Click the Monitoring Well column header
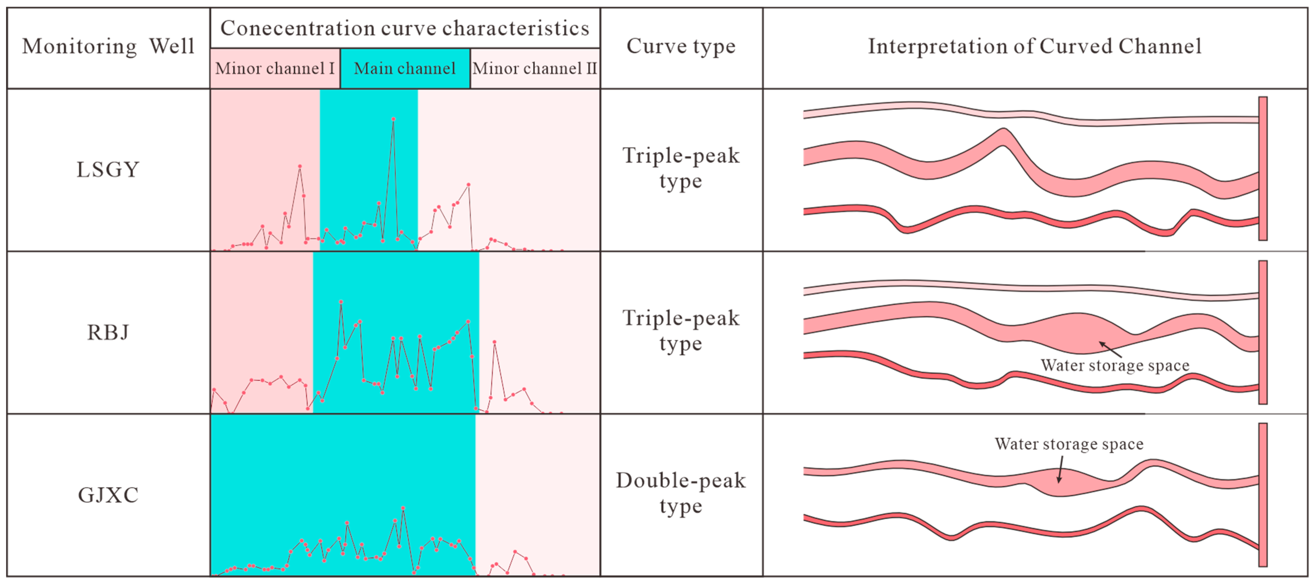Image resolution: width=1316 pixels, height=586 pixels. click(x=108, y=46)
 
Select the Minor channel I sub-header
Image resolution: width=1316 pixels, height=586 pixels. click(x=275, y=68)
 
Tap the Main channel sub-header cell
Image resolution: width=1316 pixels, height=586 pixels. click(x=405, y=68)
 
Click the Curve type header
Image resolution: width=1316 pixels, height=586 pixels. click(x=681, y=46)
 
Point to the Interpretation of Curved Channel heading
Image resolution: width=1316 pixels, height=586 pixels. click(x=1034, y=46)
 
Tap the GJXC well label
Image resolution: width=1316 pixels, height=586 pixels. click(x=108, y=495)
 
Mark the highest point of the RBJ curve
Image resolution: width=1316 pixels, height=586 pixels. click(x=341, y=302)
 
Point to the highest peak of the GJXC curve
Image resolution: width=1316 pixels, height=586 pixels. click(x=403, y=508)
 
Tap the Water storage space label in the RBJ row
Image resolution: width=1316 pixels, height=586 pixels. click(x=1115, y=365)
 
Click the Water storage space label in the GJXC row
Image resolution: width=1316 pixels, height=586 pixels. click(x=1069, y=444)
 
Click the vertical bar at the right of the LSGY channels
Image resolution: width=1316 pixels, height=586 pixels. click(x=1263, y=168)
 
